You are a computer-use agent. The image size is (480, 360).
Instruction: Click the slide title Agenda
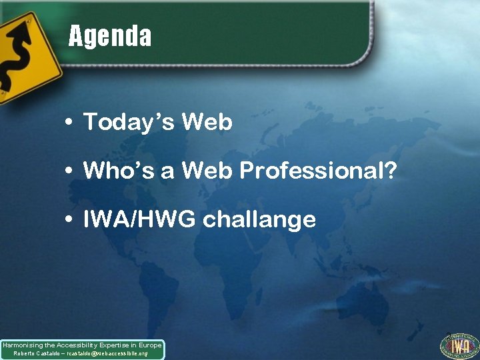tap(110, 36)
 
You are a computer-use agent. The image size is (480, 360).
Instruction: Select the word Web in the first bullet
tap(207, 122)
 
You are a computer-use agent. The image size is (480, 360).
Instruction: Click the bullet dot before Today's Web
tap(69, 123)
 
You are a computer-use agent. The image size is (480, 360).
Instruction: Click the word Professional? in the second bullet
tap(318, 171)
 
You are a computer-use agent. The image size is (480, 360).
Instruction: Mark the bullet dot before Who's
tap(69, 171)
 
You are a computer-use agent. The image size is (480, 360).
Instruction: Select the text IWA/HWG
tap(139, 219)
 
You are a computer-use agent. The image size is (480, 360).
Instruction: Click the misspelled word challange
tap(259, 219)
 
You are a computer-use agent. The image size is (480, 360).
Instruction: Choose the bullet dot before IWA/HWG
tap(69, 220)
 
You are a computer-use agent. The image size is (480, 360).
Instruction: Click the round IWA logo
tap(459, 346)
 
